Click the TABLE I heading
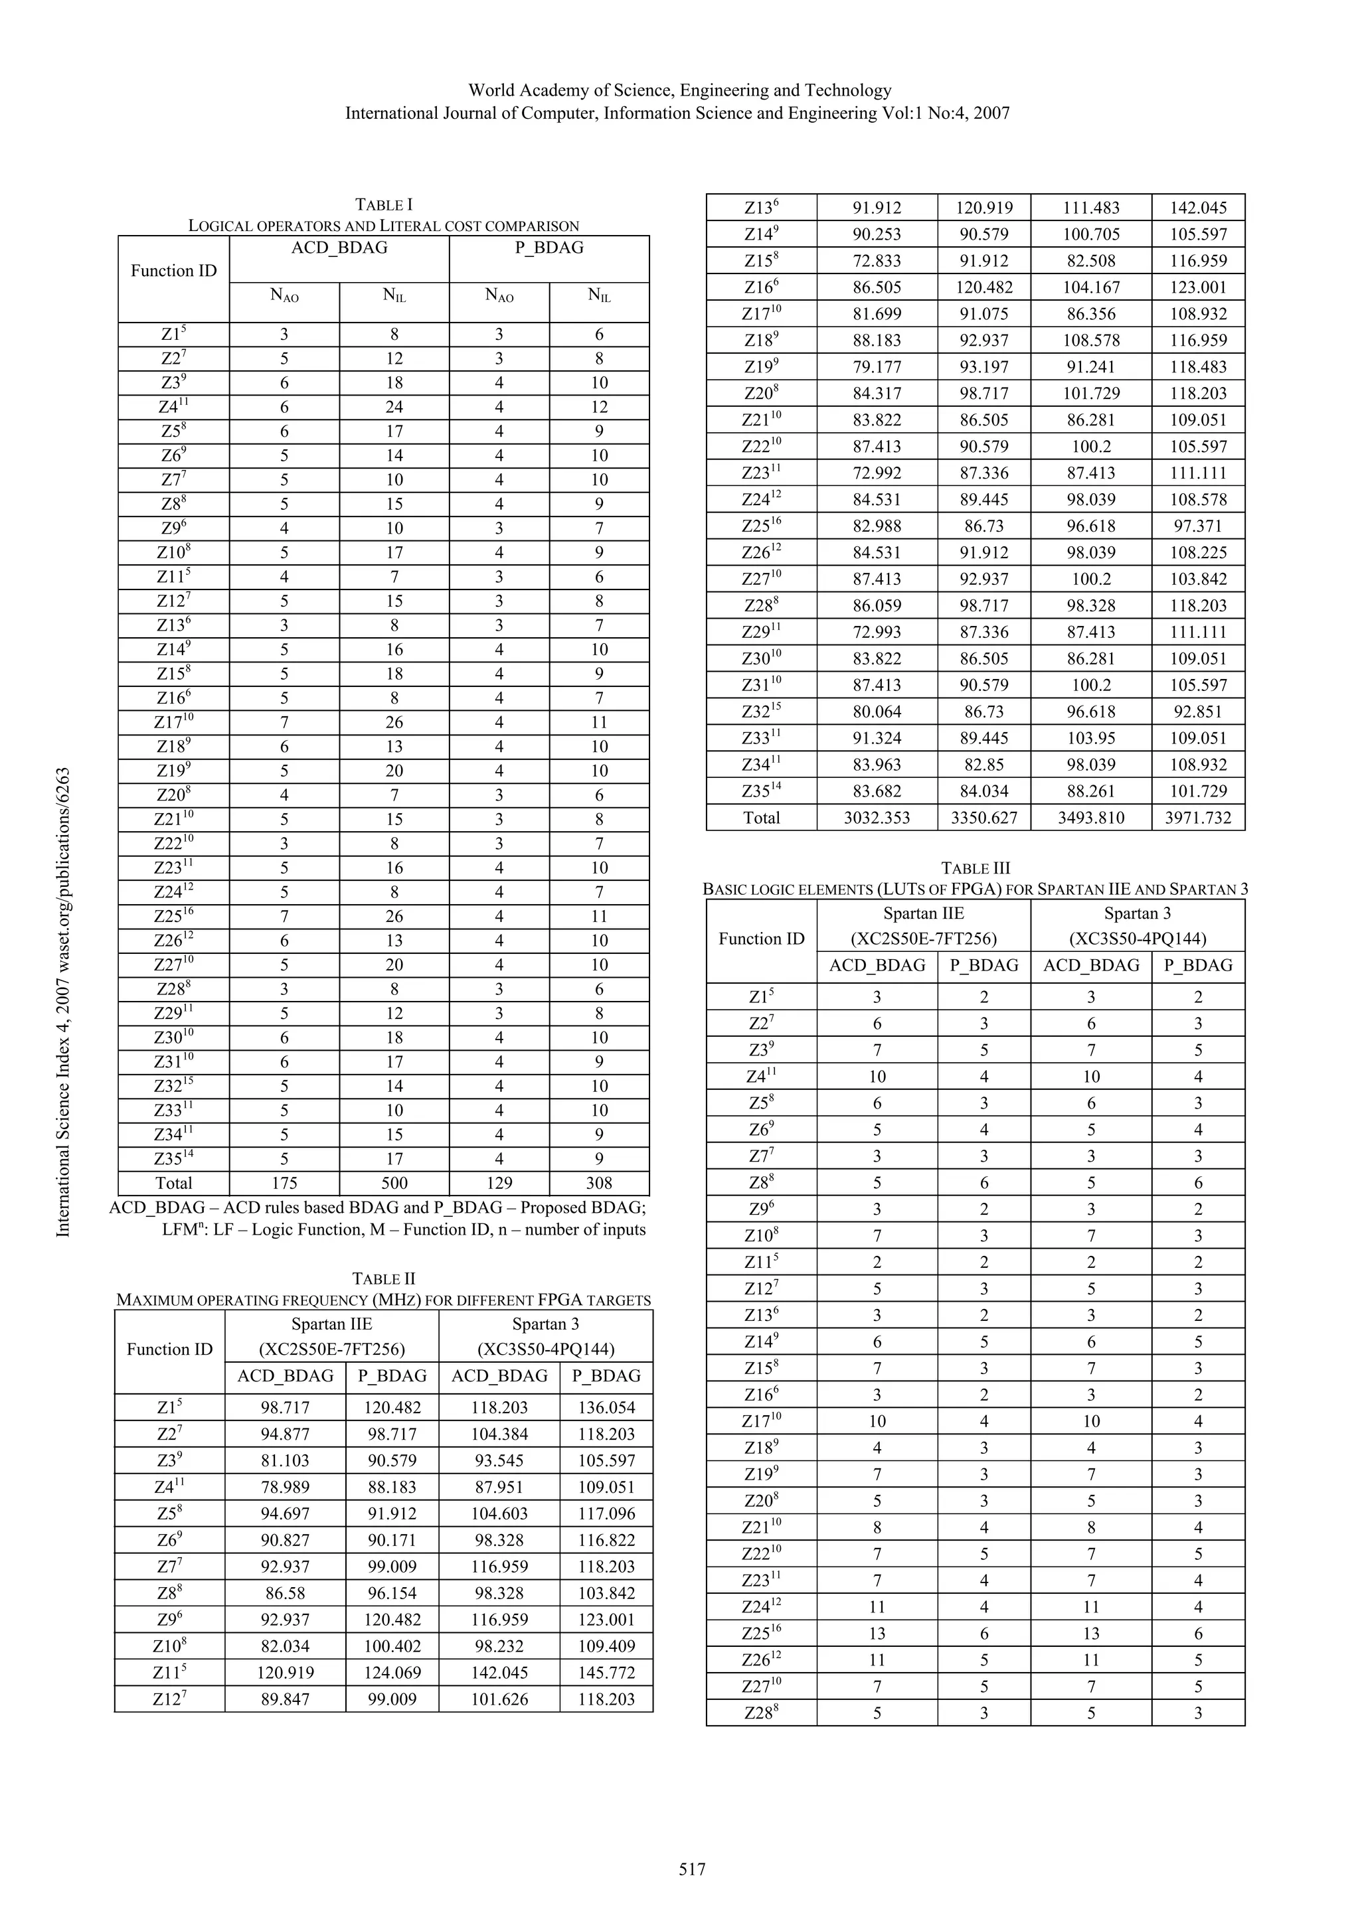point(384,204)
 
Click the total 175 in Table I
point(284,1183)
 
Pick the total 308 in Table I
point(599,1183)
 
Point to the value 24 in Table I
point(394,407)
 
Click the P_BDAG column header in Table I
point(549,248)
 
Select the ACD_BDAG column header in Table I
point(339,248)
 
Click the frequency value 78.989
point(285,1487)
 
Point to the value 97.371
point(1197,526)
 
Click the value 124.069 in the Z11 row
point(392,1673)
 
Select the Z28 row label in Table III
point(761,1713)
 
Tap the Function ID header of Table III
point(761,939)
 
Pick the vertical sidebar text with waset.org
point(63,1002)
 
